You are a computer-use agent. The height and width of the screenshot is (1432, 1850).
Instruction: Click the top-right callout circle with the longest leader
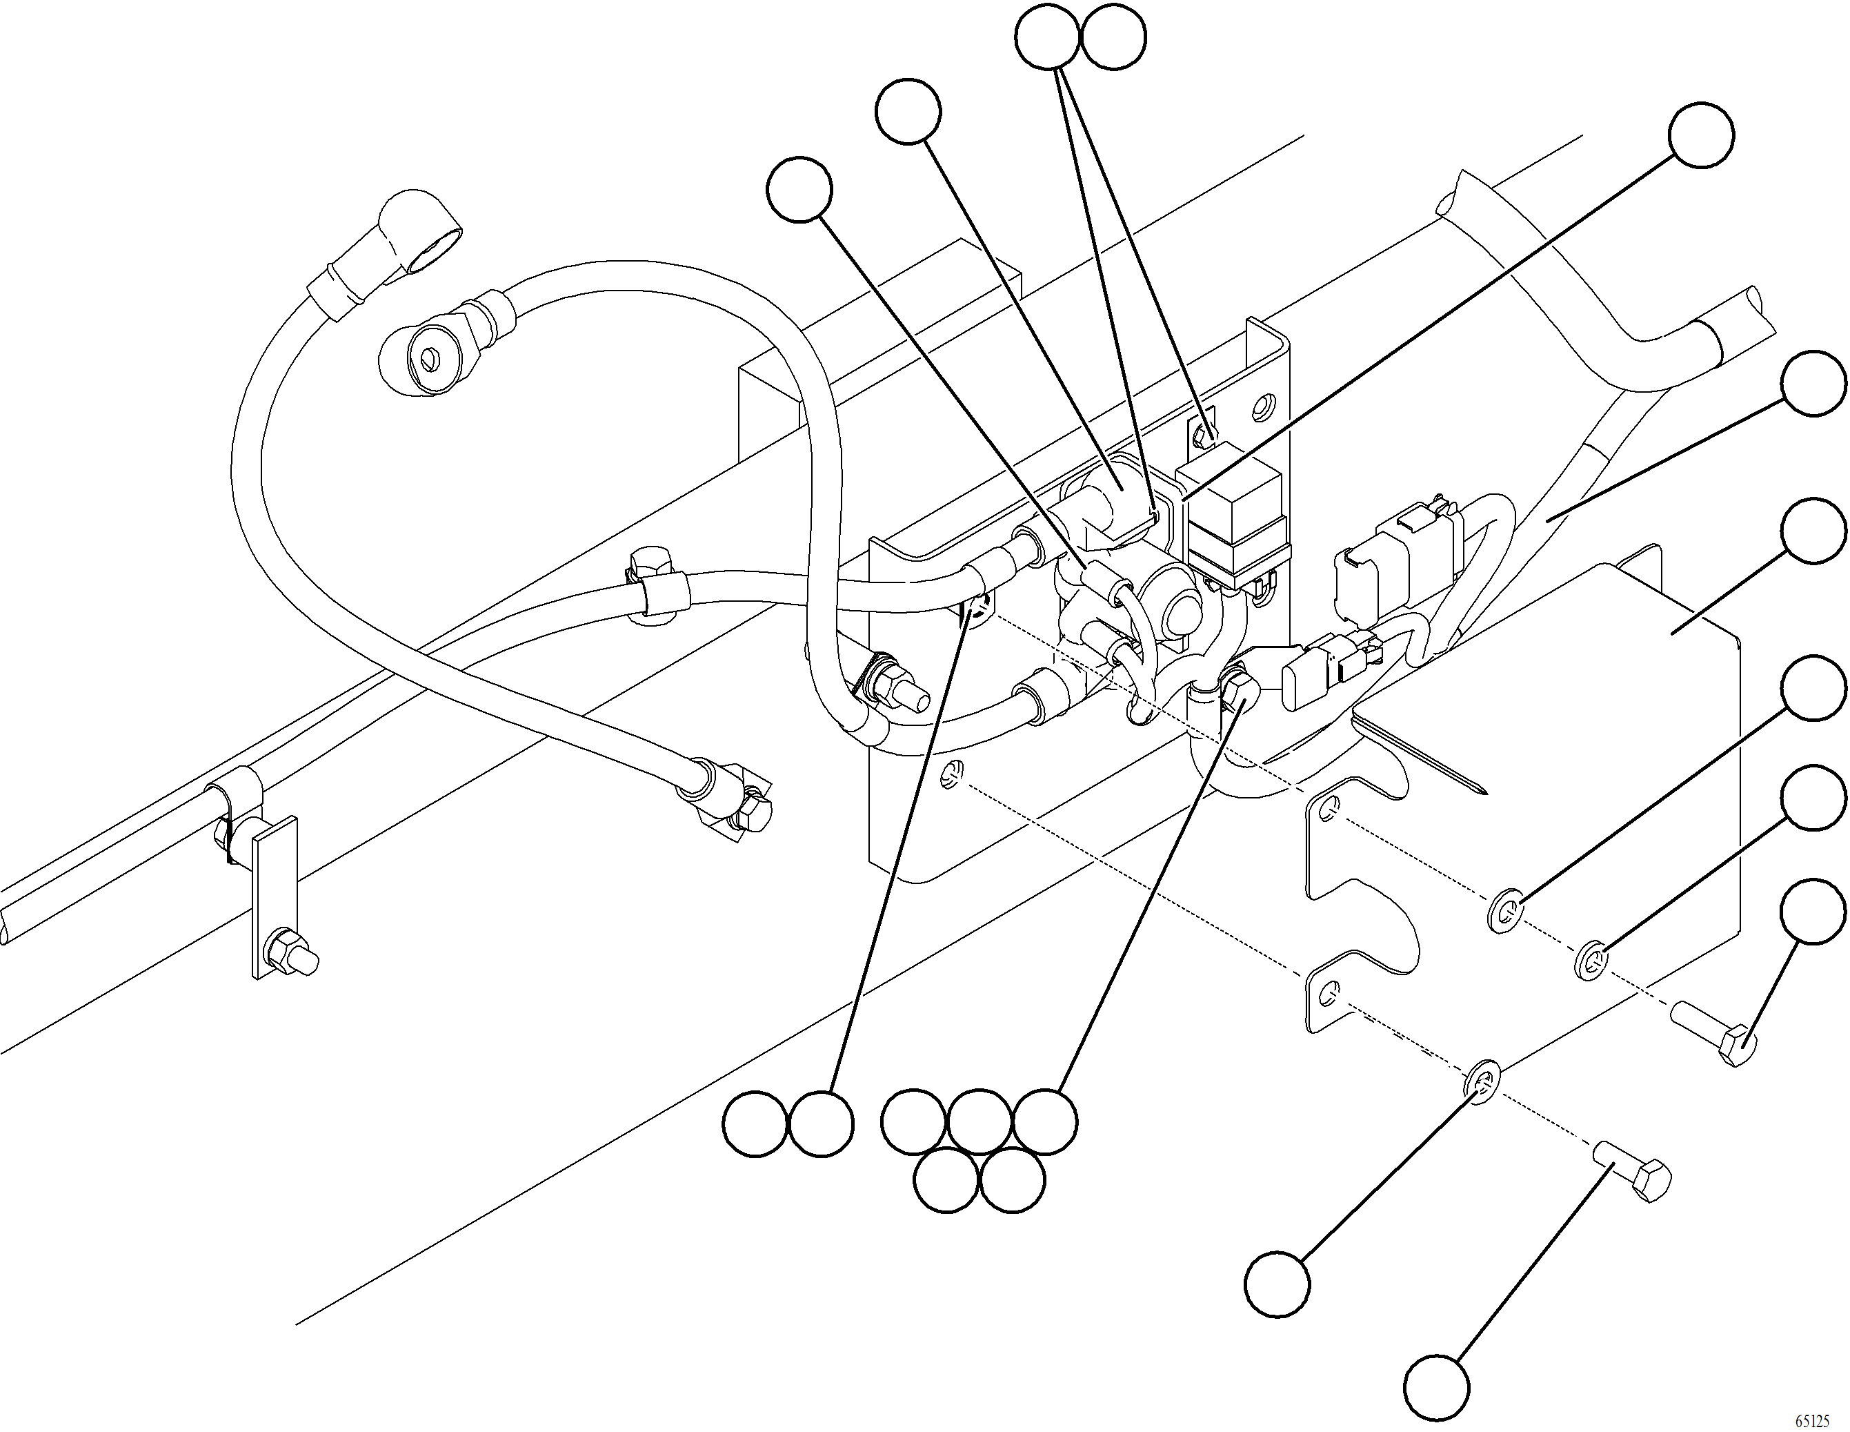point(1701,135)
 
